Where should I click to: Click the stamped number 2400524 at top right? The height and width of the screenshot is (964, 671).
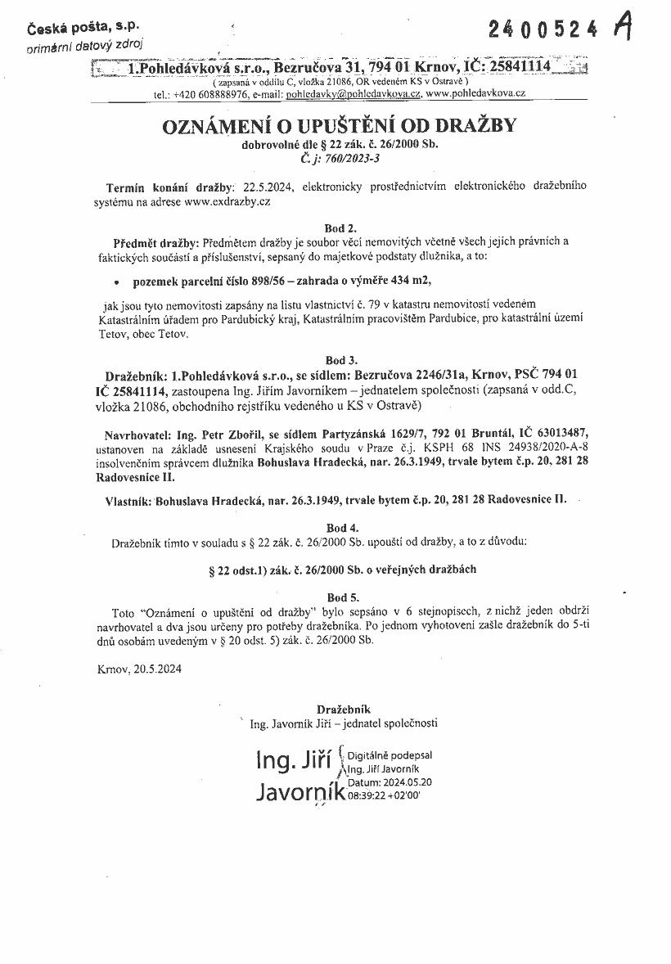[548, 30]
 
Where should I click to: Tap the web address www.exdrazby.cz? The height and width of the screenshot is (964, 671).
[227, 200]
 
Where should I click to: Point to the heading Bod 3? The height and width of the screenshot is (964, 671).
[340, 359]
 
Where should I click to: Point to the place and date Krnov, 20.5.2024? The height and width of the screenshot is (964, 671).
[139, 669]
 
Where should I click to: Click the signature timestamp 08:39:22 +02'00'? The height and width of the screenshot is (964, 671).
[384, 795]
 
